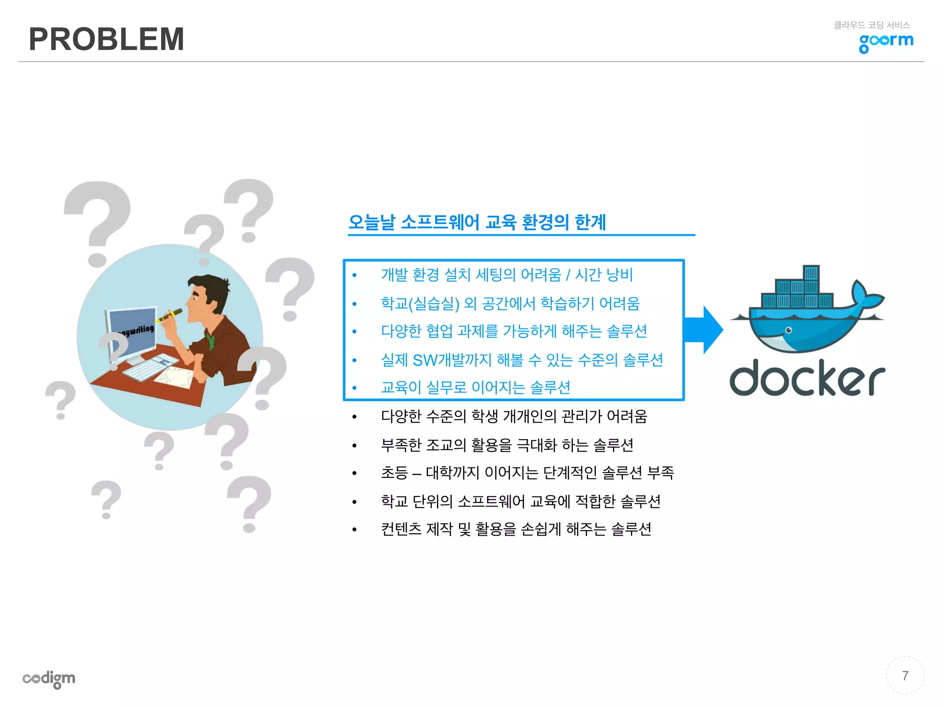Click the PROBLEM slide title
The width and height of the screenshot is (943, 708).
point(106,39)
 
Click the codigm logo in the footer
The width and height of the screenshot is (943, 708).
point(49,678)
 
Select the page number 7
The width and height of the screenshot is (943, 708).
point(905,676)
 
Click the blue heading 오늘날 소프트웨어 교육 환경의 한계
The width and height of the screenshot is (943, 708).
point(477,222)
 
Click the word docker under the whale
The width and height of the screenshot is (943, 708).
point(807,378)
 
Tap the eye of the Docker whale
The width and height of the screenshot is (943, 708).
point(789,330)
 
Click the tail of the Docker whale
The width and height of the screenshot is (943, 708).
point(866,295)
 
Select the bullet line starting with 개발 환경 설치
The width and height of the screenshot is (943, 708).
point(506,275)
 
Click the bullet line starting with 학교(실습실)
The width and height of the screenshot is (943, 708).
point(510,303)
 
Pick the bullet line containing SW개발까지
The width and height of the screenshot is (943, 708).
point(522,360)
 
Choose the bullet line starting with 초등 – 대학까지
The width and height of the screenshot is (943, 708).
point(527,473)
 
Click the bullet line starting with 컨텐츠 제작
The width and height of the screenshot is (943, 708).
point(516,529)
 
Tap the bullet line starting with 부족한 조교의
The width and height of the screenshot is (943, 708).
point(507,445)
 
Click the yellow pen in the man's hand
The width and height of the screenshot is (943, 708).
point(169,316)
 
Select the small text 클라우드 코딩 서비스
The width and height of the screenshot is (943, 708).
point(872,25)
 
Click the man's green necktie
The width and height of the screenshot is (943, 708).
point(211,341)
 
